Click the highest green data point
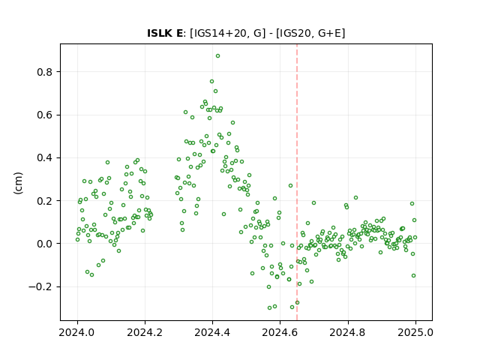217,56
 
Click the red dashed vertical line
297,182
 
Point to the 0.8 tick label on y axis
45,72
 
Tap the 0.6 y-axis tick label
45,115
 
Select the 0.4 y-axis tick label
45,158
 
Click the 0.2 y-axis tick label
45,201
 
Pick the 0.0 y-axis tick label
45,244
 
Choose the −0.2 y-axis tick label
40,286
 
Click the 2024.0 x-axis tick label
77,332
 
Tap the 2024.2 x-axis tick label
145,332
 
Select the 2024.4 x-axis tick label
212,332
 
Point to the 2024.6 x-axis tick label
280,332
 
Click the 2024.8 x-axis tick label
347,332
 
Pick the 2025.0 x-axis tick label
415,332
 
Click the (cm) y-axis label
18,183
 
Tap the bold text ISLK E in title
165,33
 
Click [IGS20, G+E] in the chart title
310,33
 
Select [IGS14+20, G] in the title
228,33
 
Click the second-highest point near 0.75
211,82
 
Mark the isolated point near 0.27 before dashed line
290,185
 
